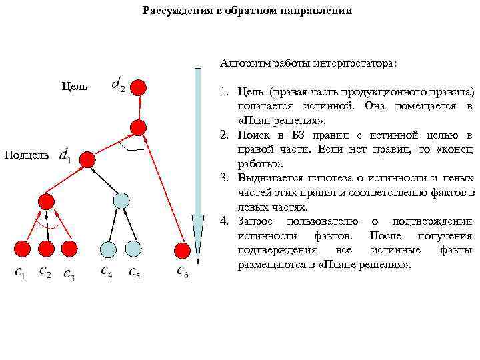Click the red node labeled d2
(x=139, y=87)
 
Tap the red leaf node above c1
(x=23, y=249)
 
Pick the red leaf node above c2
(x=45, y=249)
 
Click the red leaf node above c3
(x=69, y=249)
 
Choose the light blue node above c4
(x=109, y=249)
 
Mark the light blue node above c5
(x=133, y=249)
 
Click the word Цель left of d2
(x=74, y=87)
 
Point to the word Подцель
(x=26, y=155)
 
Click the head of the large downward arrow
(x=197, y=240)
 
